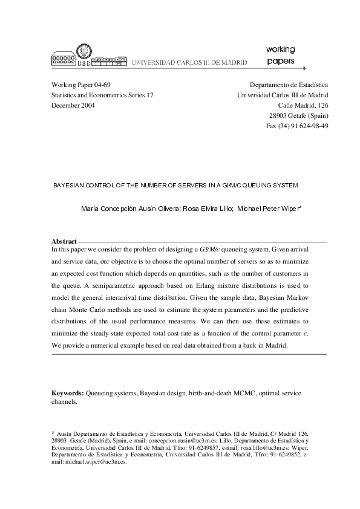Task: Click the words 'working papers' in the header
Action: tap(280, 54)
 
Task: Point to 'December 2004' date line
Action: tap(73, 105)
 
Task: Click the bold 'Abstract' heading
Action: tap(64, 241)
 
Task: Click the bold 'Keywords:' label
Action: tap(68, 393)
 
